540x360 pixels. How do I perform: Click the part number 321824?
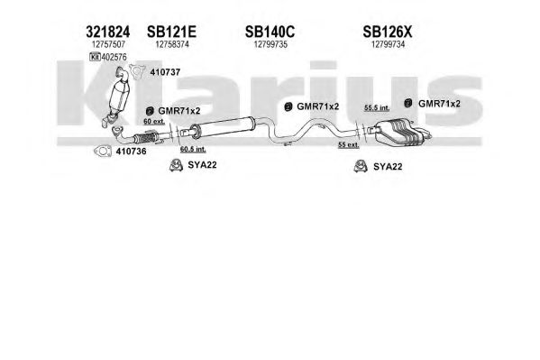point(108,32)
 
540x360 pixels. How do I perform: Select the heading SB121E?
point(171,32)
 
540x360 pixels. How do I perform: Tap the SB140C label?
point(270,32)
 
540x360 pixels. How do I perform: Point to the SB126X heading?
point(387,32)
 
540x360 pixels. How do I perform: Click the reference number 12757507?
point(108,44)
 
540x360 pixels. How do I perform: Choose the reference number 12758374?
point(172,44)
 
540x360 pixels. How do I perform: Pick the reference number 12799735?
point(270,44)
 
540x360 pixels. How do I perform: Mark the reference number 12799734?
point(388,44)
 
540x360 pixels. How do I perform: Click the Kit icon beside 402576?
point(95,57)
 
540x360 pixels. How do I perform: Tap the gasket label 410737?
point(165,72)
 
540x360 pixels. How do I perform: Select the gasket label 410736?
point(131,152)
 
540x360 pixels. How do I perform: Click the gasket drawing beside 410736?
point(103,151)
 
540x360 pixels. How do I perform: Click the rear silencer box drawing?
point(398,132)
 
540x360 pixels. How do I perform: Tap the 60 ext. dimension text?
point(154,122)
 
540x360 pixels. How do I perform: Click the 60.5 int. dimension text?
point(193,149)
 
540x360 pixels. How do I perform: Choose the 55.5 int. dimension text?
point(377,108)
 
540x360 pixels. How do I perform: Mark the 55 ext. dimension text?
point(348,145)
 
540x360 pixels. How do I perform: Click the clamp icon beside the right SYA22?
point(361,166)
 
